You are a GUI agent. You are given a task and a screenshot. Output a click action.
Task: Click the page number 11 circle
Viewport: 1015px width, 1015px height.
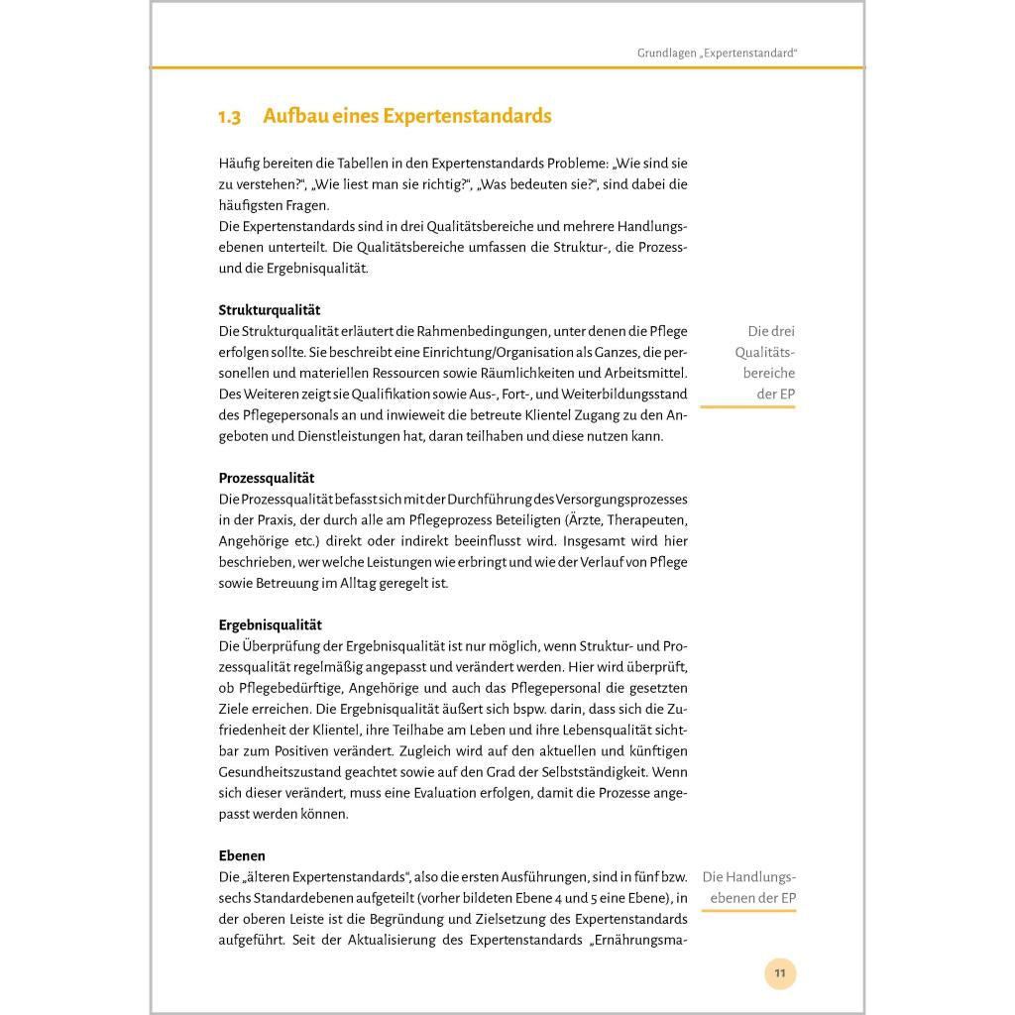[780, 973]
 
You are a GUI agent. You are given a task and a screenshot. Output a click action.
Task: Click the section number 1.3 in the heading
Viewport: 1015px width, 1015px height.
[229, 117]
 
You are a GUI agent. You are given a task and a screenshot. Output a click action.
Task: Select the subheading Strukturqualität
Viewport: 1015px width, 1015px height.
[269, 310]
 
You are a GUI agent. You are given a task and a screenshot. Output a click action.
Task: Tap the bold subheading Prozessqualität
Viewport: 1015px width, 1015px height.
[267, 478]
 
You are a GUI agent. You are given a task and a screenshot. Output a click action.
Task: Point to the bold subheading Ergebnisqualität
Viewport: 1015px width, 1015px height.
[270, 625]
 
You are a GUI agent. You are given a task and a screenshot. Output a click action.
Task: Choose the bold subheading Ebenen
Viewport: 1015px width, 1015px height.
[242, 855]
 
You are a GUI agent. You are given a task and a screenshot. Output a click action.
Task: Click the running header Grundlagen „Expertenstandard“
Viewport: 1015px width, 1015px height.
[717, 53]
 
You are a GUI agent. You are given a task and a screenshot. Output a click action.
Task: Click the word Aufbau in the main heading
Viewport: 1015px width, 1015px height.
[292, 116]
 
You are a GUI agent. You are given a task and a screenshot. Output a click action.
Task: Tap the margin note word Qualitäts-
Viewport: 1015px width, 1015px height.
[764, 353]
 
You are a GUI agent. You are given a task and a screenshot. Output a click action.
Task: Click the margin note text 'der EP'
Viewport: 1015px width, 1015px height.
[774, 395]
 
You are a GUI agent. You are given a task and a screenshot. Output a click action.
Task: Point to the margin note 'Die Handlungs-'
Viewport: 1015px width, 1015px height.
[748, 877]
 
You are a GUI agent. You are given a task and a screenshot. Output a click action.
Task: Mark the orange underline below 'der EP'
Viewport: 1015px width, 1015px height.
[747, 407]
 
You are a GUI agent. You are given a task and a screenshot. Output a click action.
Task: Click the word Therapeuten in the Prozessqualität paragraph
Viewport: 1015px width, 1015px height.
[646, 520]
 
